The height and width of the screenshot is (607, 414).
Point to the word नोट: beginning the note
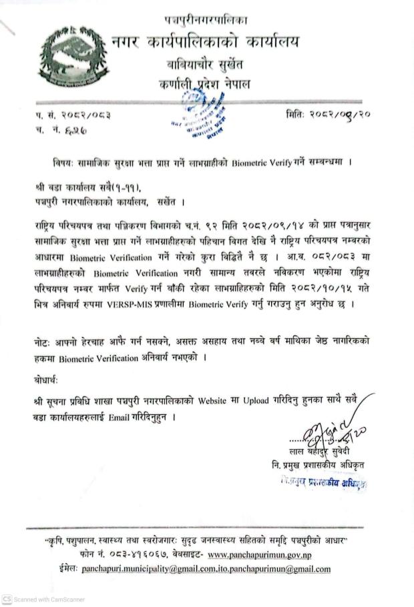pyautogui.click(x=43, y=340)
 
